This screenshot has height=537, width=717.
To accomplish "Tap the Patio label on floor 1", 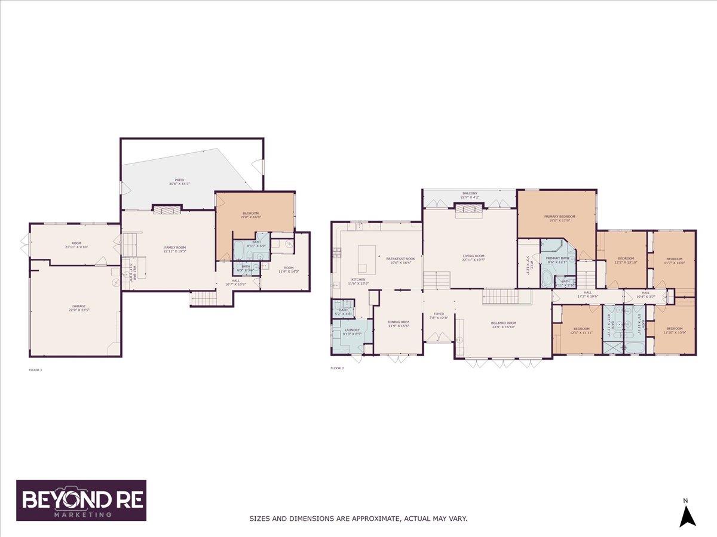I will (179, 180).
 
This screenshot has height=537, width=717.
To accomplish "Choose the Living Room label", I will (473, 255).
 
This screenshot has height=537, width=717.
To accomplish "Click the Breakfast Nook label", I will (400, 258).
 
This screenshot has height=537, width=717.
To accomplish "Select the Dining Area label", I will (399, 322).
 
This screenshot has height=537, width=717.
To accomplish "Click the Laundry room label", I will (352, 330).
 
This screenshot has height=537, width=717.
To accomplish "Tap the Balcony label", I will (470, 193).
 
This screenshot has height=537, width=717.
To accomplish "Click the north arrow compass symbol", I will (688, 515).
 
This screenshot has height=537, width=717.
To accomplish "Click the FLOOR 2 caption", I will (337, 368).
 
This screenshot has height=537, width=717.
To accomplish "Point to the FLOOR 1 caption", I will (36, 370).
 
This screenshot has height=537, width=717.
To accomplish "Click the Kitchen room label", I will (358, 280).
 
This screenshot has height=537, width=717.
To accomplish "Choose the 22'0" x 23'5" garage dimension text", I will (79, 310).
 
